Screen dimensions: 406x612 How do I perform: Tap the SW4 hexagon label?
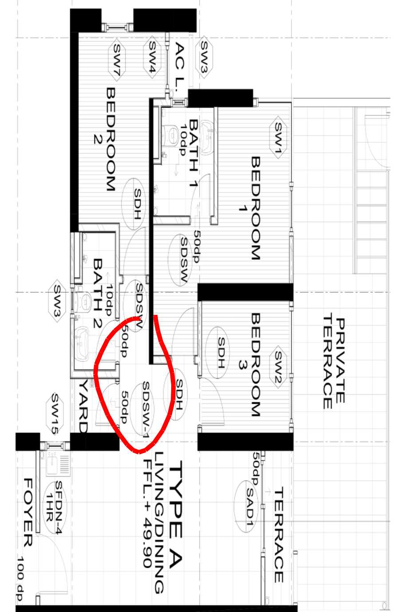152,57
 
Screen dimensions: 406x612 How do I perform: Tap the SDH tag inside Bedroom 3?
217,353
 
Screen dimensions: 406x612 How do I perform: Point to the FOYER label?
28,512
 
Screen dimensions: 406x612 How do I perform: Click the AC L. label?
179,67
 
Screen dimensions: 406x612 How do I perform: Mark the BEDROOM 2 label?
105,139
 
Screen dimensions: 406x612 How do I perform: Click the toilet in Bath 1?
170,134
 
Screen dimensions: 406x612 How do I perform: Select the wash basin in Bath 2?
82,343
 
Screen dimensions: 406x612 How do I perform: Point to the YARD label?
83,407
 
